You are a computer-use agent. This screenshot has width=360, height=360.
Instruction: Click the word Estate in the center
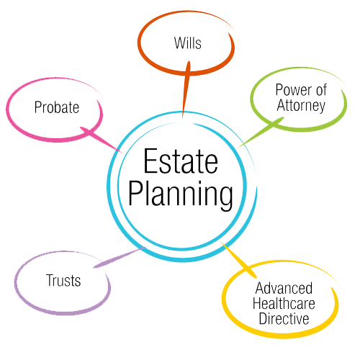click(x=181, y=161)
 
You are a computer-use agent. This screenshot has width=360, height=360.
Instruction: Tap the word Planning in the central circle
click(x=181, y=194)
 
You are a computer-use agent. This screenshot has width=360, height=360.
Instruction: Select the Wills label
click(x=188, y=43)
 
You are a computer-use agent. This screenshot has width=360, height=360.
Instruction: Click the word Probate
click(x=57, y=107)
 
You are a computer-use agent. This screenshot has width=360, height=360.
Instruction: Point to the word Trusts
click(x=63, y=280)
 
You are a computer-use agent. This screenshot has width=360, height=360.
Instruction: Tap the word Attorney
click(x=301, y=106)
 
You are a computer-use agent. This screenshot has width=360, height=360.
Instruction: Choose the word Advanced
click(x=284, y=288)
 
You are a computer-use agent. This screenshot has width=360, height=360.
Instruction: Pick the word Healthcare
click(x=284, y=303)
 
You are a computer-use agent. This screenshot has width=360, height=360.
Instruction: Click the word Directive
click(x=284, y=318)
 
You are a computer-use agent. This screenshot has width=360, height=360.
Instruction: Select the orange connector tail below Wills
click(x=186, y=89)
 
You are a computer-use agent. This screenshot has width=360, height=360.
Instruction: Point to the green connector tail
click(x=261, y=132)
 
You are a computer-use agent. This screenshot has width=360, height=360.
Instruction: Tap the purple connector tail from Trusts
click(x=120, y=257)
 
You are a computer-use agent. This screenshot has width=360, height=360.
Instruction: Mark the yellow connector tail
click(x=239, y=260)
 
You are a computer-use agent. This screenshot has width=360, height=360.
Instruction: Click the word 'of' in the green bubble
click(x=321, y=90)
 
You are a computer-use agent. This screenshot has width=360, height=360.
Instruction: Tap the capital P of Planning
click(x=135, y=193)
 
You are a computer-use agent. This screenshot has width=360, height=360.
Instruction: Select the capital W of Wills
click(x=180, y=43)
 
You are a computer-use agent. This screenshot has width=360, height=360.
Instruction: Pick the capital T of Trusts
click(x=50, y=280)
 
